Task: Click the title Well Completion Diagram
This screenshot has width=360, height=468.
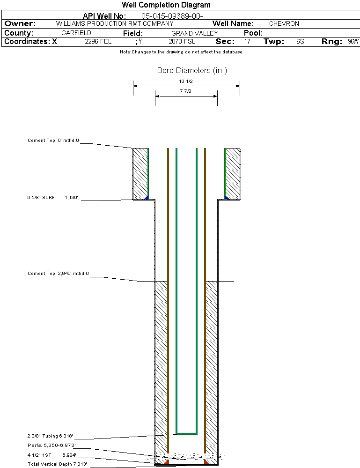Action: [166, 5]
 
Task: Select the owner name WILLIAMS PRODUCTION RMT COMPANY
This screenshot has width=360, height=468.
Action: [114, 23]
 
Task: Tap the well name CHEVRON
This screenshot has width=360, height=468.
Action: [284, 23]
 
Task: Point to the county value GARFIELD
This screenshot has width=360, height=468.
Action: [76, 33]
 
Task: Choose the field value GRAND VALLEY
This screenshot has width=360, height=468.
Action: [194, 33]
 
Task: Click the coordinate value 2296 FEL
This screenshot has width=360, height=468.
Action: [98, 42]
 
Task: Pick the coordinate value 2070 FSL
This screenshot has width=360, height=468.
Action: [182, 42]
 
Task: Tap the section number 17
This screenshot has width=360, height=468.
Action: [247, 42]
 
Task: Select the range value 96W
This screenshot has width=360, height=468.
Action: [353, 42]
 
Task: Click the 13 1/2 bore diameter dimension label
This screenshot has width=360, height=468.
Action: [186, 81]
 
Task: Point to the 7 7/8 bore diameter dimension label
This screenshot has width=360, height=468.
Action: [186, 91]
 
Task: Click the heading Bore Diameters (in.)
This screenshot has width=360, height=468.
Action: [192, 71]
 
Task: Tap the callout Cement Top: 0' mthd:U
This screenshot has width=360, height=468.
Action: [53, 140]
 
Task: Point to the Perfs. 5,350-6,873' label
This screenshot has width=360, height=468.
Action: [51, 445]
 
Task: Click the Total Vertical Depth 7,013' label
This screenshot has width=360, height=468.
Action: [57, 464]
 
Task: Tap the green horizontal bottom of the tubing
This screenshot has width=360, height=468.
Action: [186, 433]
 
